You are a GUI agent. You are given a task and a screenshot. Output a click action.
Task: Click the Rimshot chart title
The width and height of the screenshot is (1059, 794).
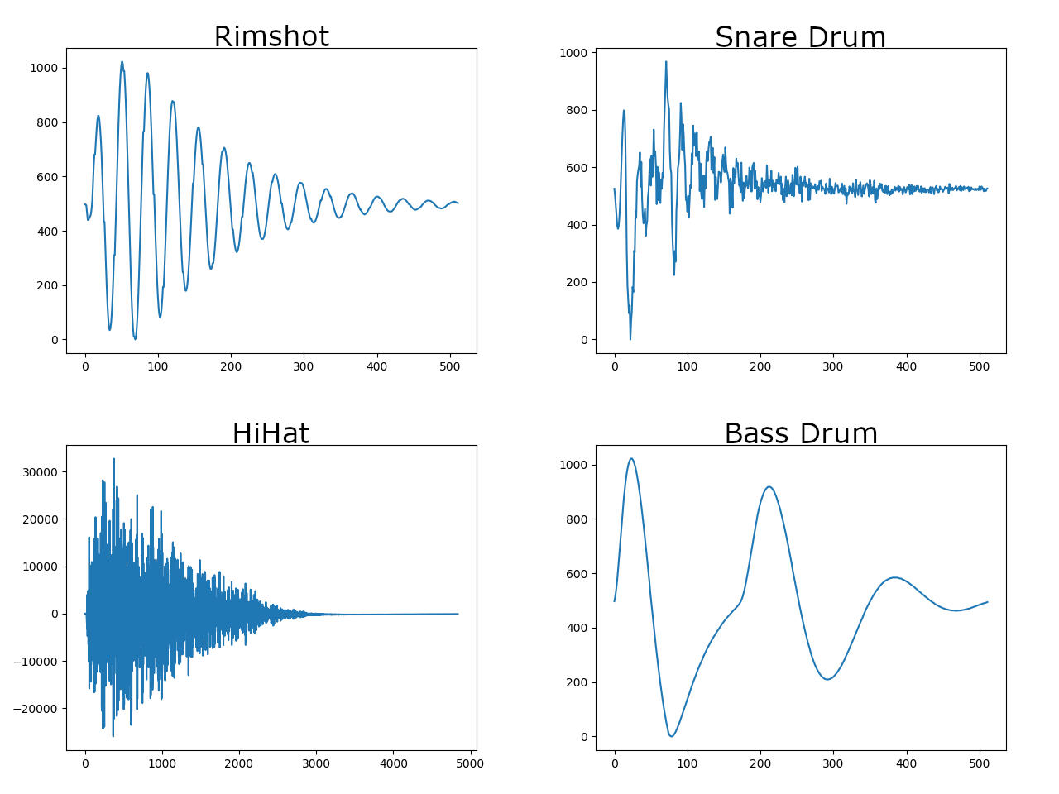pos(271,36)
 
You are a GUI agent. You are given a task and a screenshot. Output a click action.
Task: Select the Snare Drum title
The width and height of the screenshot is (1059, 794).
pos(800,37)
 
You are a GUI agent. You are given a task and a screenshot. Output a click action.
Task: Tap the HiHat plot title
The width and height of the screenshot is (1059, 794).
pos(271,433)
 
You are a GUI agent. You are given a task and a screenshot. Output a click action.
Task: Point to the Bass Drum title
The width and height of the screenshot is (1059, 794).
pos(801,433)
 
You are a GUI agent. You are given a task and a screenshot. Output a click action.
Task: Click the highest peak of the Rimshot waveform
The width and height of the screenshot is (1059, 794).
pos(122,62)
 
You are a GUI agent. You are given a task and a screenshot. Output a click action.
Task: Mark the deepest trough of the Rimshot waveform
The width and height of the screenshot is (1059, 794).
pos(135,338)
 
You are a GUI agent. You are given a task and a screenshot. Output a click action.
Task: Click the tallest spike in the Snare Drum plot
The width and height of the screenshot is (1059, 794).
pos(666,62)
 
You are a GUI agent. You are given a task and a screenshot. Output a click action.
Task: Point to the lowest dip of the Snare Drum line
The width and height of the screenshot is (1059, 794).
pos(630,339)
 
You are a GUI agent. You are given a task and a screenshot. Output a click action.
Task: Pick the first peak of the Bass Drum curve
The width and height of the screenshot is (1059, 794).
pos(631,458)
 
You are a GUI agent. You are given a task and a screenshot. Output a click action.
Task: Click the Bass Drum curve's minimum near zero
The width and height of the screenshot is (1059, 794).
pos(671,736)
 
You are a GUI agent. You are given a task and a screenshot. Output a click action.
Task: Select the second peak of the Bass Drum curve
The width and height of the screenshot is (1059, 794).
pos(769,487)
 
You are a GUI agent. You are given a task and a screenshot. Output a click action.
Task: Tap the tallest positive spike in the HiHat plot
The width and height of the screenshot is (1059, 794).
pos(114,459)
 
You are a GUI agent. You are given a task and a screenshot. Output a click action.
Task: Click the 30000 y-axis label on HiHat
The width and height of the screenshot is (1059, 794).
pos(41,472)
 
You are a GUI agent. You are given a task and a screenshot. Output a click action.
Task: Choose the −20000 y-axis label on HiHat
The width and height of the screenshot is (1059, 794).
pos(36,709)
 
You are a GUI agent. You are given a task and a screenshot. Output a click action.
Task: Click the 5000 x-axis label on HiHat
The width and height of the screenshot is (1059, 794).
pos(470,763)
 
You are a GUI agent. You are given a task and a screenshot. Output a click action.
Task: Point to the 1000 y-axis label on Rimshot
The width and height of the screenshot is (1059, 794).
pos(44,68)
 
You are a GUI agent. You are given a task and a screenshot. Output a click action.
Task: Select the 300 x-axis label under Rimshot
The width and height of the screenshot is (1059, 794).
pos(304,366)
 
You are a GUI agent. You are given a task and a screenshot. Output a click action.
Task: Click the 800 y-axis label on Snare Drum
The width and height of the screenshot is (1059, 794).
pos(577,110)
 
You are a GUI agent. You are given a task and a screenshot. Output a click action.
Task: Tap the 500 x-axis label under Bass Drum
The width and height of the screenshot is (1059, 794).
pos(980,763)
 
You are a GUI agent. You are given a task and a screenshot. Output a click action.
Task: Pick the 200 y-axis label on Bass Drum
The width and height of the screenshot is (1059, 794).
pos(577,682)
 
